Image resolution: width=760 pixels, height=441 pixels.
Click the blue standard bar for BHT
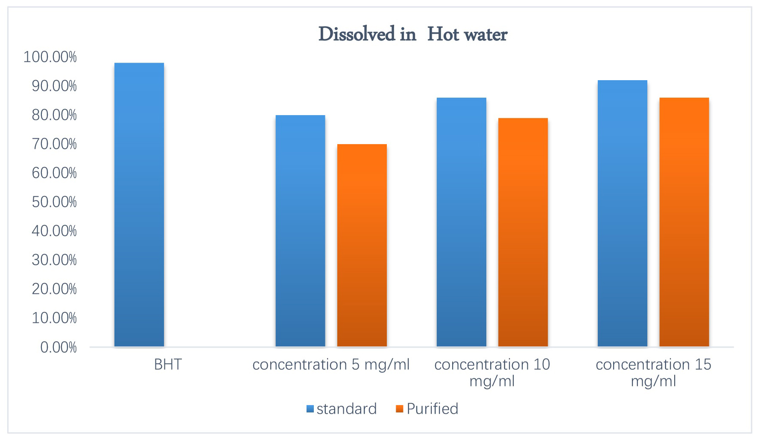click(139, 205)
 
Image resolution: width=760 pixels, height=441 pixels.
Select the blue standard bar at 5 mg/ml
click(300, 231)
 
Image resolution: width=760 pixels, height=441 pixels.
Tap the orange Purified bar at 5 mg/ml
click(362, 245)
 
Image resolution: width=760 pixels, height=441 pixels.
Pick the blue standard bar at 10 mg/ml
click(461, 222)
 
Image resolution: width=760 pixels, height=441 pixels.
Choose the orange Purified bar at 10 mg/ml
click(523, 232)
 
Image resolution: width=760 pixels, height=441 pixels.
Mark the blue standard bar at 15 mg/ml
click(623, 213)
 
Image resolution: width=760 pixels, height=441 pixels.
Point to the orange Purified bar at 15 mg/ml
click(684, 222)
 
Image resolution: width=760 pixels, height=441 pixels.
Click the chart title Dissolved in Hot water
click(412, 34)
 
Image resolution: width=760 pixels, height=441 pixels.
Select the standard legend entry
click(342, 409)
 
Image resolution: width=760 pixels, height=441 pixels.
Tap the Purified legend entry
click(427, 409)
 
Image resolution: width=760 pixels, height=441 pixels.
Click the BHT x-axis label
click(168, 365)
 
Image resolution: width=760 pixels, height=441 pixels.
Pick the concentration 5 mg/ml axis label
click(331, 365)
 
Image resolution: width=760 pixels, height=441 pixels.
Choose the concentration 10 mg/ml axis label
click(492, 372)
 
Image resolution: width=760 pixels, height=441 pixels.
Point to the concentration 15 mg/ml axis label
click(653, 372)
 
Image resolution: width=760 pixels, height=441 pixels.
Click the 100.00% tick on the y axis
click(50, 57)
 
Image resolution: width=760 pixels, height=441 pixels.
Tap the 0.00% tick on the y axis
click(58, 347)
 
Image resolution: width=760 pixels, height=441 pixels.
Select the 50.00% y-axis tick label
click(54, 202)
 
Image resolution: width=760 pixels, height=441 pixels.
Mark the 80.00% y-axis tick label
click(54, 115)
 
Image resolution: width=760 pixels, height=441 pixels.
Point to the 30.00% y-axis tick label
click(54, 260)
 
